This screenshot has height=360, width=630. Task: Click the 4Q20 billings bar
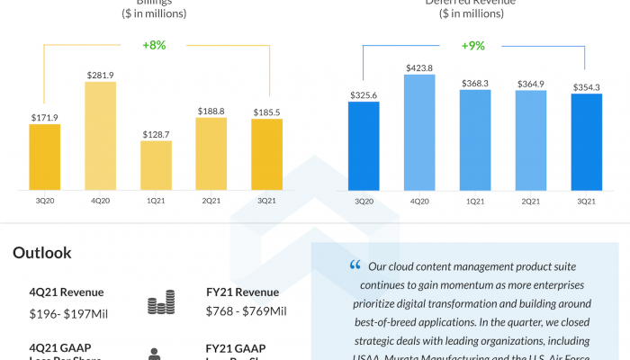[101, 136]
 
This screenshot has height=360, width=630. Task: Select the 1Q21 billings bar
[157, 166]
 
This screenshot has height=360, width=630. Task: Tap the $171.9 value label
[45, 117]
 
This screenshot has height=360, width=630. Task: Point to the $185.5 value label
[267, 112]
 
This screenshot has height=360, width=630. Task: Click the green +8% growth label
[154, 45]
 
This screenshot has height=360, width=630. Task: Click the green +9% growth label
[473, 45]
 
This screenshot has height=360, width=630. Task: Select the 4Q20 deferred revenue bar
[419, 131]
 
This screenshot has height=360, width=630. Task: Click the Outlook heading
[41, 253]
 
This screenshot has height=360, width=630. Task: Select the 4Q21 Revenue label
[66, 292]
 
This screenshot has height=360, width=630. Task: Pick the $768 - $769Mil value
[246, 311]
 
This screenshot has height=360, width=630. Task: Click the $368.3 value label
[475, 82]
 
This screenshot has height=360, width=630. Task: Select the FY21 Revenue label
[242, 292]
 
